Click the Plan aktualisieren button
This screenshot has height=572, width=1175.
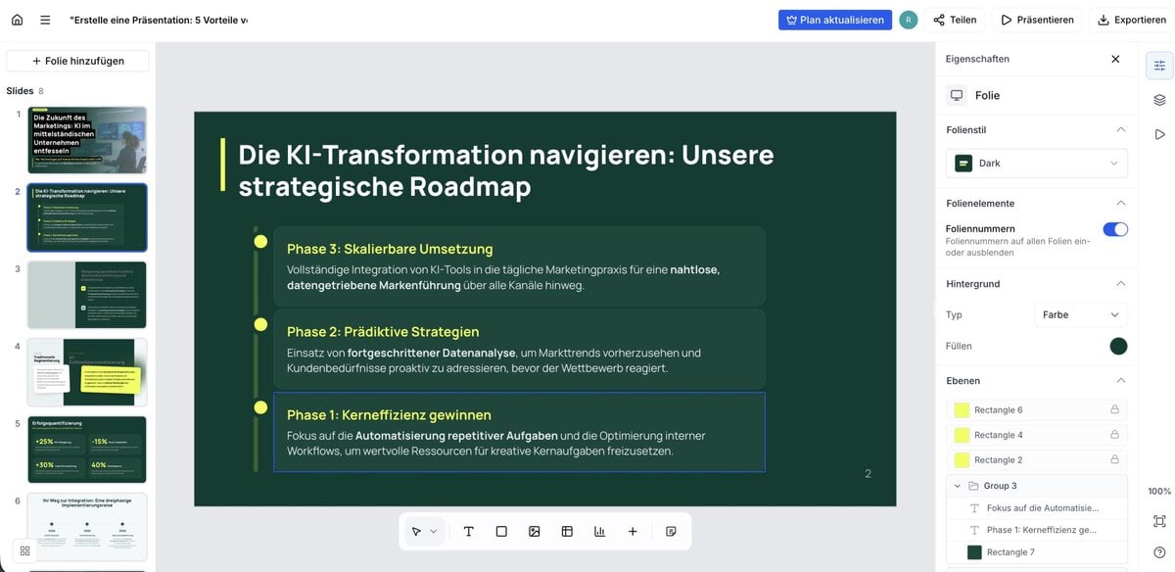coord(835,20)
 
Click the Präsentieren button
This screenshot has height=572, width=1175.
coord(1036,20)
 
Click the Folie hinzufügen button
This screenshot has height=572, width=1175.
coord(77,61)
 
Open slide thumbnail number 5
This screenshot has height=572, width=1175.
coord(87,450)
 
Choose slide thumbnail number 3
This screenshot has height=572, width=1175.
coord(87,295)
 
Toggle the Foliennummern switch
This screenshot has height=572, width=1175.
coord(1115,229)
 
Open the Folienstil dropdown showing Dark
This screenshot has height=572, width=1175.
coord(1036,164)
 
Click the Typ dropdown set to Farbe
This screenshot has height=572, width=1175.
coord(1080,314)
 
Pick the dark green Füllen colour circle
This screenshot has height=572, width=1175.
coord(1118,346)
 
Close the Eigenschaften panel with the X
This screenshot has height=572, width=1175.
coord(1115,59)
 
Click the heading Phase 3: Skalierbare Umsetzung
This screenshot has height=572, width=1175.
coord(390,249)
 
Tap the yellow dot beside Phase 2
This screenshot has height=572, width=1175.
coord(260,324)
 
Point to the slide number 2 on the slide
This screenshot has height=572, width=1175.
coord(868,474)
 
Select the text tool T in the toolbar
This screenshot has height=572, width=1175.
coord(469,531)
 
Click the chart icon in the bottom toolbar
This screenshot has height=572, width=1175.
coord(599,531)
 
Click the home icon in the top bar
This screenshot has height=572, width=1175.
coord(17,20)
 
